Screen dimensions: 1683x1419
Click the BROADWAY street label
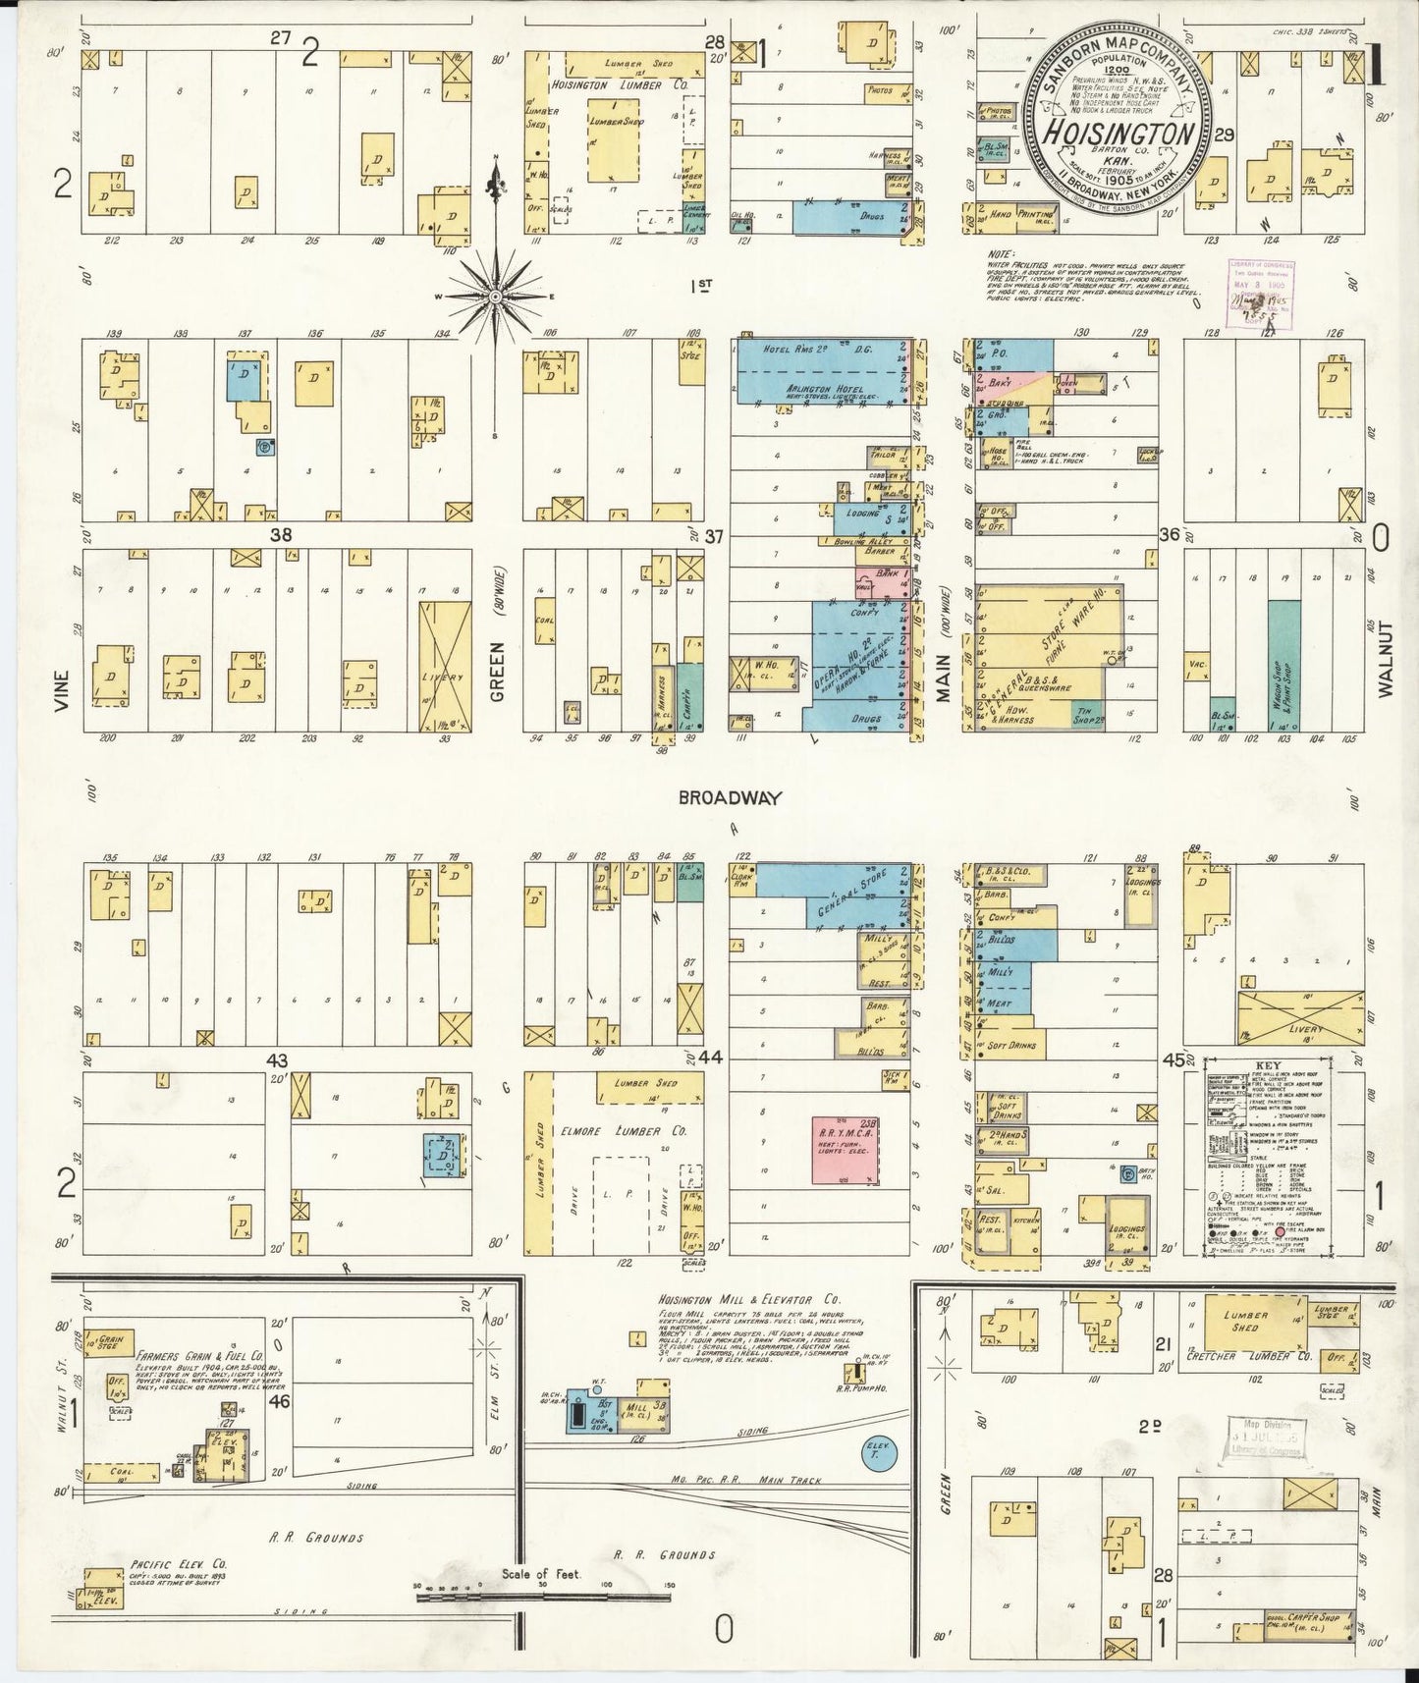pyautogui.click(x=730, y=798)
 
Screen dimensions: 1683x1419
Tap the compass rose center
pyautogui.click(x=495, y=296)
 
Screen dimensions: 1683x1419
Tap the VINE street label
pyautogui.click(x=64, y=690)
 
